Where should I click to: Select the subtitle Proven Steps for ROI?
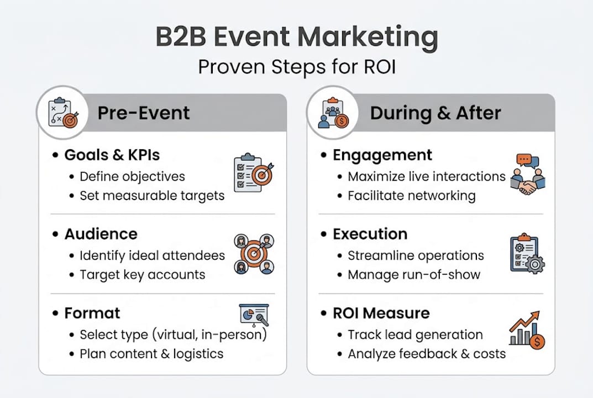click(x=296, y=67)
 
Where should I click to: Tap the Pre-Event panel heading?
click(x=143, y=113)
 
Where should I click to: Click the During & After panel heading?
click(x=435, y=113)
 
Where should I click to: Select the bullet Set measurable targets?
click(x=152, y=195)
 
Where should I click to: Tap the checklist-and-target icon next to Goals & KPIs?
click(x=253, y=173)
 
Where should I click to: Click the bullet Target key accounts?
click(x=142, y=275)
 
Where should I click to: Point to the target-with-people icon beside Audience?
click(x=254, y=254)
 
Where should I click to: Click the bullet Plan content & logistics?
click(x=151, y=354)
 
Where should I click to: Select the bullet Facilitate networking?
click(x=411, y=195)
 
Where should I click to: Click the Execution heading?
click(x=370, y=234)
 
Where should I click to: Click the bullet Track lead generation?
click(x=415, y=334)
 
